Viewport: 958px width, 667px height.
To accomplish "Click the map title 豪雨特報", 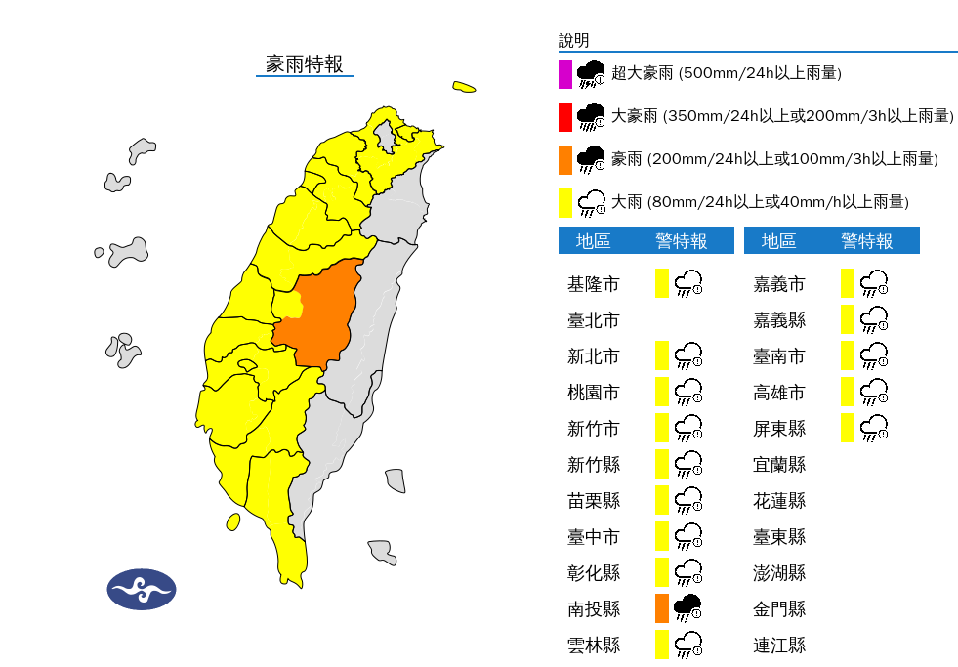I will click(304, 64).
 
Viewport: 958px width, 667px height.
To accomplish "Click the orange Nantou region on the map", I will click(322, 313).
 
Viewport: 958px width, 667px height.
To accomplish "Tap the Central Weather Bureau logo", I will click(142, 589).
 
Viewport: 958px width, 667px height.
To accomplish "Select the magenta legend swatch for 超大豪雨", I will click(564, 73).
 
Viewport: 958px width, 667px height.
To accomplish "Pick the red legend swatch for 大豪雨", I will click(564, 116).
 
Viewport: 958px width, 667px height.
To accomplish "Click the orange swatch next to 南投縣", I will click(662, 608).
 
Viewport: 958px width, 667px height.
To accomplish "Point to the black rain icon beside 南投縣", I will click(688, 607).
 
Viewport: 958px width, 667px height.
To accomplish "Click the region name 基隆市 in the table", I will click(593, 284).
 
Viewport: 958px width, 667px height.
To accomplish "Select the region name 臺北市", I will click(593, 320).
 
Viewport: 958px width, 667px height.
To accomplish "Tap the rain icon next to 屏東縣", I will click(874, 428).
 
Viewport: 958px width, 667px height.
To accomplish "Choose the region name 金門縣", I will click(779, 609).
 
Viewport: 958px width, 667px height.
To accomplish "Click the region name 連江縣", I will click(779, 646).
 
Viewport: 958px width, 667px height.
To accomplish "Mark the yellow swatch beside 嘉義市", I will click(848, 284).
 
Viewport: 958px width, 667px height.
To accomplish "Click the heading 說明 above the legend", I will click(574, 40).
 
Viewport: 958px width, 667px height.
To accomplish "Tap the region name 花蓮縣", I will click(779, 501).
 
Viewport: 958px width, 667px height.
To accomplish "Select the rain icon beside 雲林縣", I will click(688, 645).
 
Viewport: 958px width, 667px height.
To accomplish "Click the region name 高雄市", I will click(779, 393).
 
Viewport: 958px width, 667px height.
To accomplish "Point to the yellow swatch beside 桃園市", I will click(662, 393).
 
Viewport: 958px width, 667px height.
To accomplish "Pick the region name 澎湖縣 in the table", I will click(779, 573).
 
